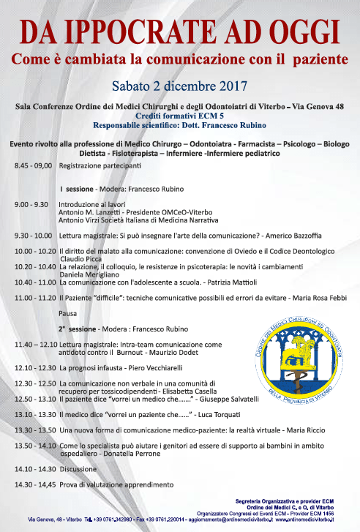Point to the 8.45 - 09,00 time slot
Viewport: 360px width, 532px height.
pyautogui.click(x=33, y=166)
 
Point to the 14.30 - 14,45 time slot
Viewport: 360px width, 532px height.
pyautogui.click(x=33, y=484)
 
